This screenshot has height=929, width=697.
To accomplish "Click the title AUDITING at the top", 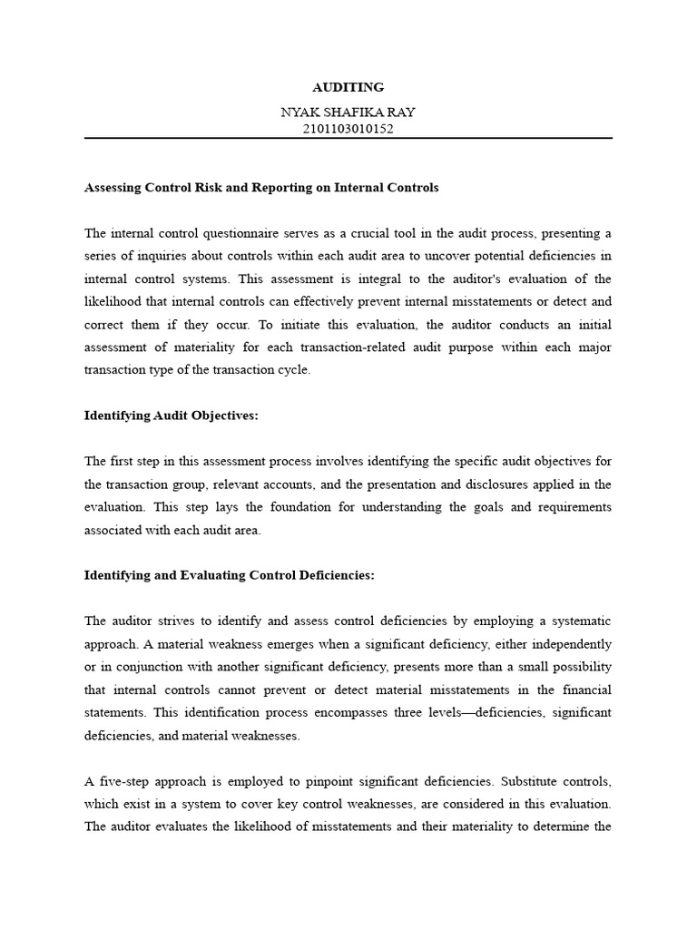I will tap(348, 87).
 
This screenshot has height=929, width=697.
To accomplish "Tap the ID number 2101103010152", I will tap(348, 129).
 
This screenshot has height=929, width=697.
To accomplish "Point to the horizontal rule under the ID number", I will tap(348, 139).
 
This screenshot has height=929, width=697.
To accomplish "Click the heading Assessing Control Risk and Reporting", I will tap(261, 188).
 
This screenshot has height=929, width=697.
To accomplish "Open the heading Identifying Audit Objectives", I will tap(172, 415).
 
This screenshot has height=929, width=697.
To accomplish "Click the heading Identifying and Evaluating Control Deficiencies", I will tap(229, 575).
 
